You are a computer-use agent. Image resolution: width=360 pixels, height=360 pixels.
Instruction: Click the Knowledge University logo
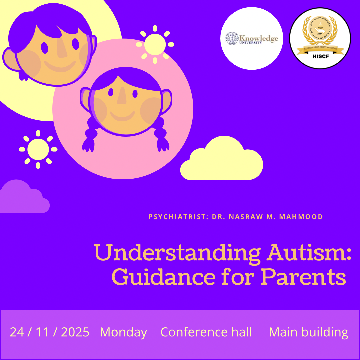(x=252, y=38)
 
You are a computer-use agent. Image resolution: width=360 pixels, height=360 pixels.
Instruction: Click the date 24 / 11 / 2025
(x=49, y=332)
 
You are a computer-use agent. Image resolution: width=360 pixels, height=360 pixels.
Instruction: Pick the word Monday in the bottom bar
(x=123, y=332)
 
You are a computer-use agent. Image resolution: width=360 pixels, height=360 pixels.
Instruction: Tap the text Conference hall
(x=206, y=332)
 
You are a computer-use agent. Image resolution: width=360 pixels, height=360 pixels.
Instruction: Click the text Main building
(x=308, y=332)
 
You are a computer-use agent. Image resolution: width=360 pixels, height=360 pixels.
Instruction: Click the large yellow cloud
(x=222, y=160)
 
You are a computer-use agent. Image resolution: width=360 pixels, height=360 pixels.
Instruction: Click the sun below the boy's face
(x=38, y=149)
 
